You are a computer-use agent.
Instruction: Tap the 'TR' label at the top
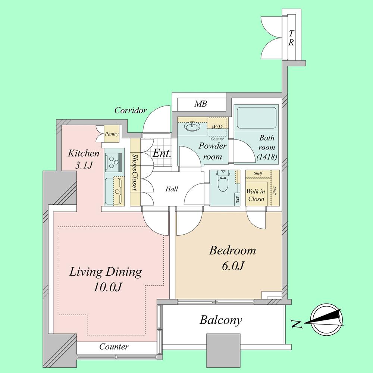(x=291, y=38)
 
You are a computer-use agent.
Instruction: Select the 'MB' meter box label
(x=200, y=104)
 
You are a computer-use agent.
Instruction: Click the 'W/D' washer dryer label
(x=217, y=127)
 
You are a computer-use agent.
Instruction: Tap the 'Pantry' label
(x=112, y=134)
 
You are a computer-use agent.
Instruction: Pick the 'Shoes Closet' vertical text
(x=135, y=172)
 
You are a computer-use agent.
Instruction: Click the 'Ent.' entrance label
(x=162, y=153)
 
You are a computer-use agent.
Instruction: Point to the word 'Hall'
(x=171, y=189)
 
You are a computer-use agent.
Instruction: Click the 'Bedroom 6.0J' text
(x=232, y=258)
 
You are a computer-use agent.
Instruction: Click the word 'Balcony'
(x=220, y=320)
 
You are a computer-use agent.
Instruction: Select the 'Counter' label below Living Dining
(x=114, y=347)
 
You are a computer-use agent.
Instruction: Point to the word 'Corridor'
(x=131, y=110)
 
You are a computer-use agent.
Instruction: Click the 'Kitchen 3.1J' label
(x=84, y=159)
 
